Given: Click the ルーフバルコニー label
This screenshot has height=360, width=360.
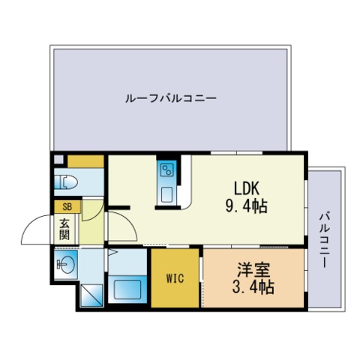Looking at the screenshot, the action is pyautogui.click(x=171, y=98).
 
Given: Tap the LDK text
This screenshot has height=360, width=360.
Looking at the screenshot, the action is pyautogui.click(x=247, y=188).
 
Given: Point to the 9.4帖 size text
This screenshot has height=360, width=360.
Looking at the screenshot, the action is pyautogui.click(x=247, y=206).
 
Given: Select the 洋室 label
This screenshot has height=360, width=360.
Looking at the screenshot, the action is pyautogui.click(x=253, y=269).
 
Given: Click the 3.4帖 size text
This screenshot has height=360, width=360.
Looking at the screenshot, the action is pyautogui.click(x=253, y=286).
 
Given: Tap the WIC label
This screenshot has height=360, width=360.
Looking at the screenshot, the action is pyautogui.click(x=175, y=278).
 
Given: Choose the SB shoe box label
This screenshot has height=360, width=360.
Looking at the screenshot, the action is pyautogui.click(x=67, y=207).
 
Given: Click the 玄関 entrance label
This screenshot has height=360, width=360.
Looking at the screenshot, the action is pyautogui.click(x=64, y=229).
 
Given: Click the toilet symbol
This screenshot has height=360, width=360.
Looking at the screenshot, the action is pyautogui.click(x=66, y=182).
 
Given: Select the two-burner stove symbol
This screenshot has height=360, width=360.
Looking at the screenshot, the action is pyautogui.click(x=166, y=170).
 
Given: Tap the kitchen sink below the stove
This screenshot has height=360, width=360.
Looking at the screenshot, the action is pyautogui.click(x=166, y=195).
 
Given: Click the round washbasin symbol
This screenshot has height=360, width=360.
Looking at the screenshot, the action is pyautogui.click(x=66, y=264).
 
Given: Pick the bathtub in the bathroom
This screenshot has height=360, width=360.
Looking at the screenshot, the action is pyautogui.click(x=127, y=289).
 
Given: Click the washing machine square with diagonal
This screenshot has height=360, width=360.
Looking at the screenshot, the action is pyautogui.click(x=91, y=295).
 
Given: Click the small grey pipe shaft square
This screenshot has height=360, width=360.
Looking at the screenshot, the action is pyautogui.click(x=59, y=160).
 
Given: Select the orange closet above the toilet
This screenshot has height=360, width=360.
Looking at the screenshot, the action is pyautogui.click(x=85, y=161).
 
